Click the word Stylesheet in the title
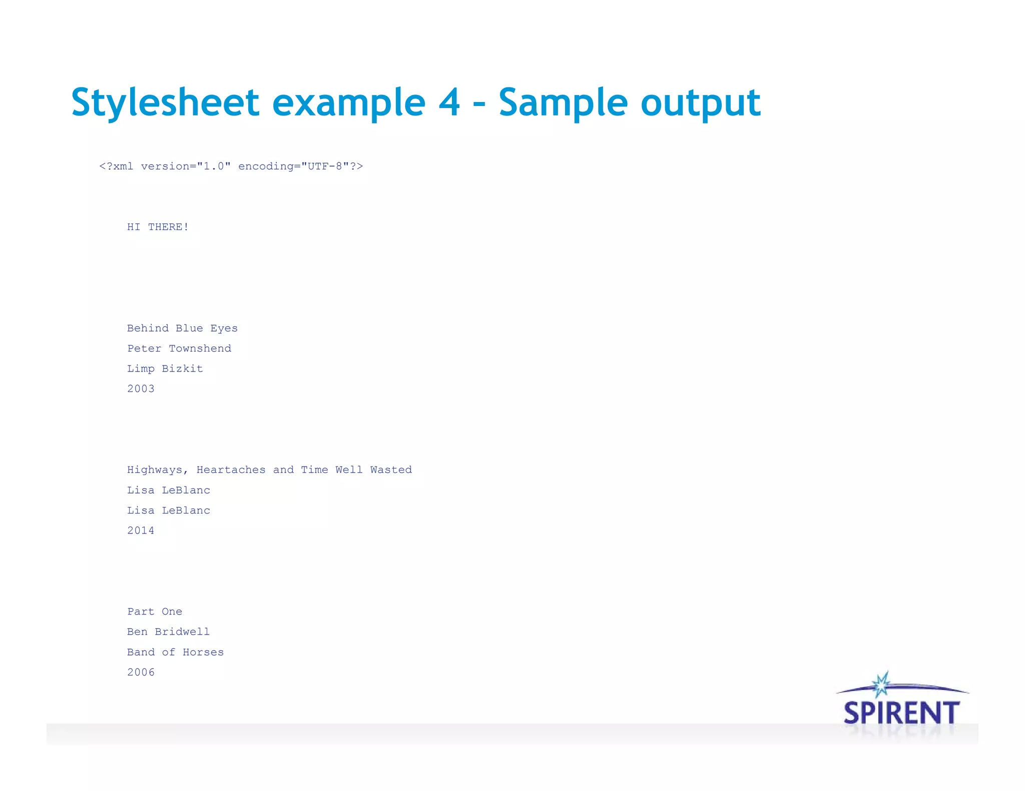click(165, 103)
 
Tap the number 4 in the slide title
click(449, 102)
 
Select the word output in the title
click(700, 103)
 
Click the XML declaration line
click(231, 166)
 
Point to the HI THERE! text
click(158, 227)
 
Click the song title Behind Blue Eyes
click(182, 328)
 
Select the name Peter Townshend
click(179, 348)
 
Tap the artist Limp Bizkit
click(165, 369)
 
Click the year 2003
click(141, 389)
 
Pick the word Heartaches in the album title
click(231, 470)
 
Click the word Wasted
click(391, 470)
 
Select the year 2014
click(141, 531)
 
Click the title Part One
click(155, 611)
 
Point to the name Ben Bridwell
click(168, 632)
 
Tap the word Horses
click(203, 652)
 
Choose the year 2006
click(141, 672)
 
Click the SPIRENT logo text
click(901, 713)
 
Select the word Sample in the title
click(563, 103)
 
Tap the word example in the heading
click(349, 103)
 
